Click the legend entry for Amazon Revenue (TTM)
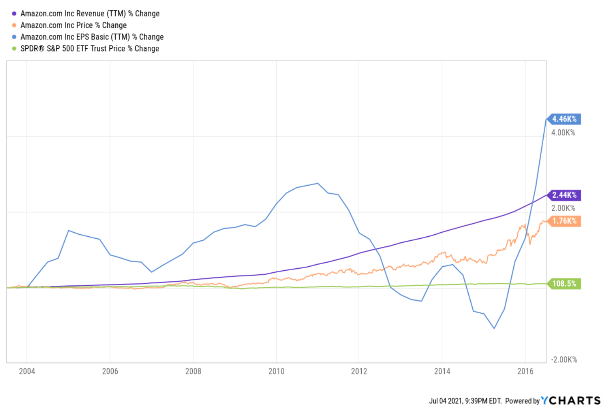click(90, 14)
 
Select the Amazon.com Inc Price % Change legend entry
click(73, 25)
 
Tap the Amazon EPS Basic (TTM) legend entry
click(92, 37)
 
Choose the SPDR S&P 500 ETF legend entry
click(89, 48)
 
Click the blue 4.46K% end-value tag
click(564, 119)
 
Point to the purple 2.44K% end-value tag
click(564, 195)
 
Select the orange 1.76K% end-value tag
click(564, 221)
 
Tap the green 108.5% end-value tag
click(564, 284)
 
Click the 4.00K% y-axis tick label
click(563, 133)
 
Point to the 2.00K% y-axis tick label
click(563, 208)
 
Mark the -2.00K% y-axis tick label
click(564, 359)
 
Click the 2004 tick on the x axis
click(27, 371)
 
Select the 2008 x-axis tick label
click(193, 371)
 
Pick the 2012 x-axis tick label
click(359, 371)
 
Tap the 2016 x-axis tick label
click(525, 371)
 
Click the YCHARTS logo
click(571, 400)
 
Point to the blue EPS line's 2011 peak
click(317, 184)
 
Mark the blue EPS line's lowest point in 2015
click(494, 328)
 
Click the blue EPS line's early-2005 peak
click(69, 230)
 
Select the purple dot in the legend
click(14, 14)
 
